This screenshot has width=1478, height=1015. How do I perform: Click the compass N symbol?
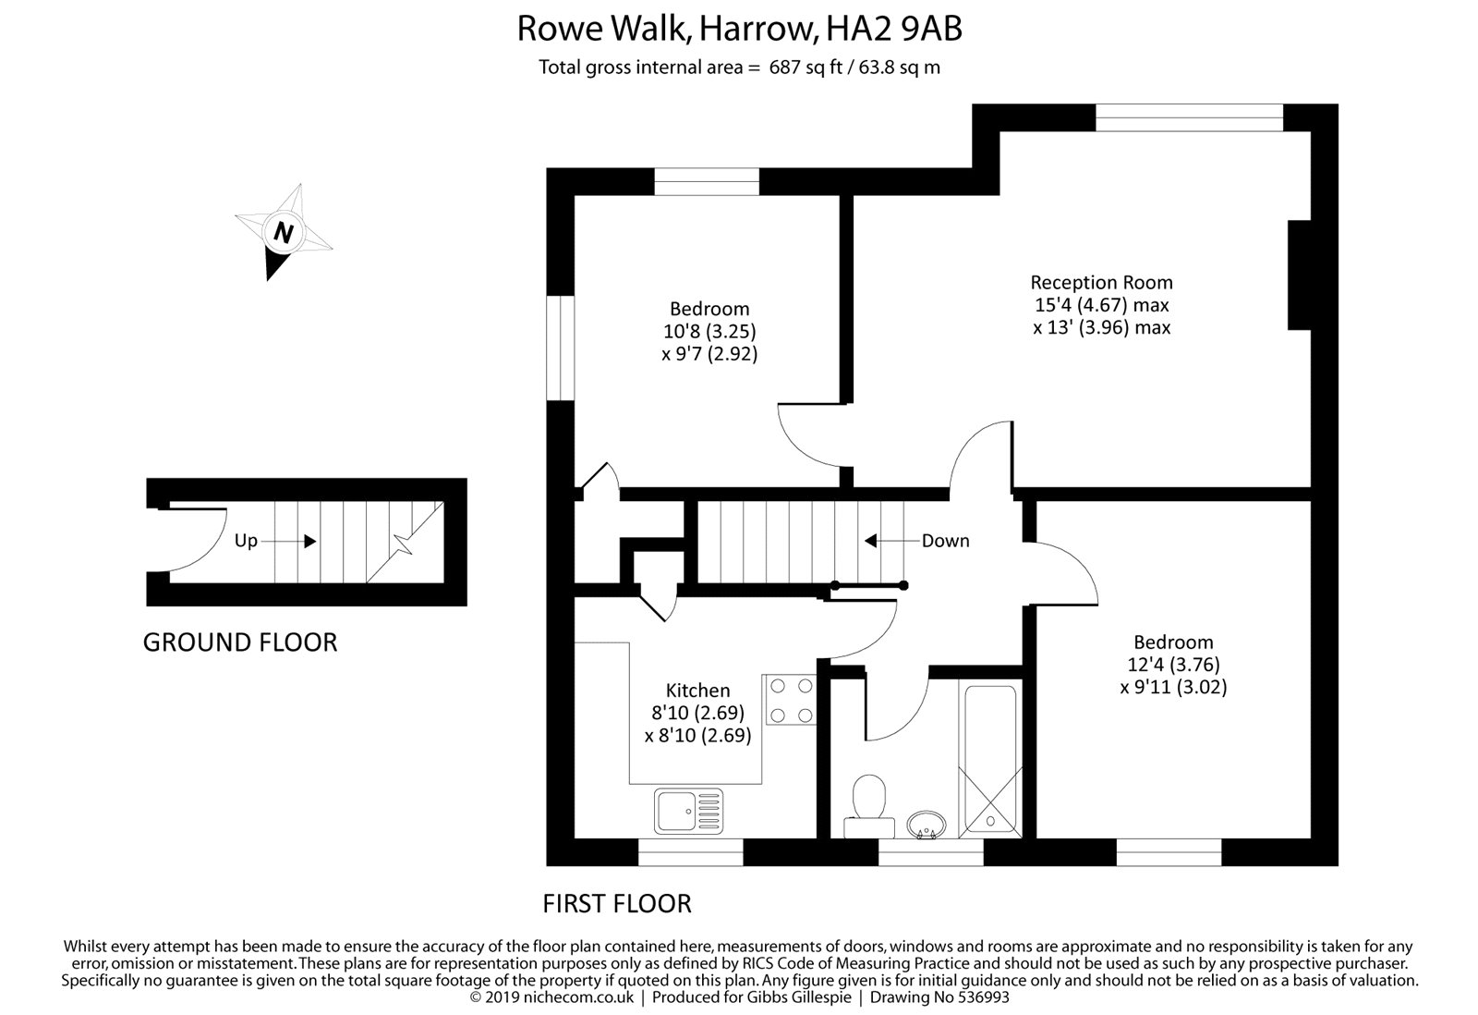[284, 232]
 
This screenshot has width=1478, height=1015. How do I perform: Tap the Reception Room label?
[1101, 283]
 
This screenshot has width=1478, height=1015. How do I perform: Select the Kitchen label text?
[697, 691]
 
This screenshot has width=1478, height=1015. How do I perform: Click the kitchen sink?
[688, 811]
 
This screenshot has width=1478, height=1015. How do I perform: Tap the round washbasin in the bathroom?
[927, 825]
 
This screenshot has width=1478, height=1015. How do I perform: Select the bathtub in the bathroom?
[990, 762]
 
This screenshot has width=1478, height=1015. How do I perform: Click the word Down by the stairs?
[945, 541]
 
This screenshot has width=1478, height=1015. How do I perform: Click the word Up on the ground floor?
[246, 541]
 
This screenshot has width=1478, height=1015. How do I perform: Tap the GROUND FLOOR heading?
[240, 642]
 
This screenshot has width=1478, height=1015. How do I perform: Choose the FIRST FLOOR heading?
[617, 903]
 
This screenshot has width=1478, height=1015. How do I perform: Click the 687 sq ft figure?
[806, 67]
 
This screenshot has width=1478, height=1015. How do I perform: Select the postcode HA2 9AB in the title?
[894, 29]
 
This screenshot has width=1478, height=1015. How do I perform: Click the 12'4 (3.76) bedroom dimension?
[1173, 665]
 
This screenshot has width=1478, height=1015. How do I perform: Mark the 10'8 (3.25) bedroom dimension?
[709, 331]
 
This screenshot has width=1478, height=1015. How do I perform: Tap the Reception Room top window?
[1190, 117]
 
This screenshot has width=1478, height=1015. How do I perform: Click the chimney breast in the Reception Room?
[1299, 275]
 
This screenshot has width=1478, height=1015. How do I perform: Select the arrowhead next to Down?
[870, 541]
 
